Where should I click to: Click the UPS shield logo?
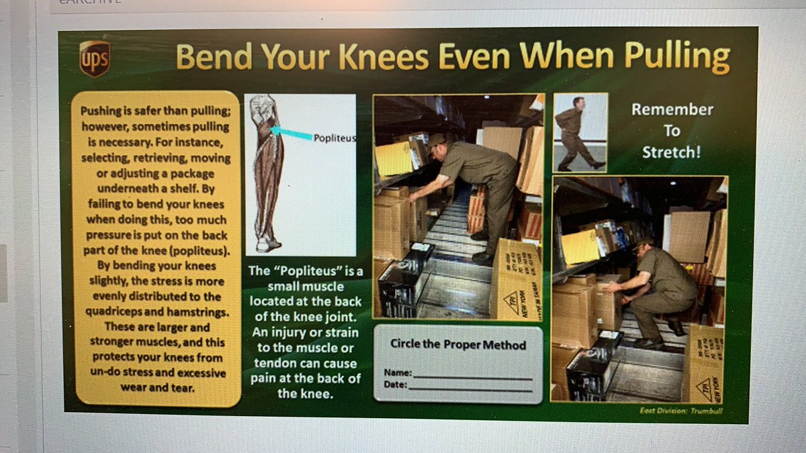pyautogui.click(x=94, y=58)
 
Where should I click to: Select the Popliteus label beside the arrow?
pyautogui.click(x=334, y=138)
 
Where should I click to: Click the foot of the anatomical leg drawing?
pyautogui.click(x=269, y=245)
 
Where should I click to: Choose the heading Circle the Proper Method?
pyautogui.click(x=458, y=345)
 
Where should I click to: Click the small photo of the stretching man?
pyautogui.click(x=580, y=132)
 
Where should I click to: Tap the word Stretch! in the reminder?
pyautogui.click(x=671, y=152)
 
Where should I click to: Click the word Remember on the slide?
pyautogui.click(x=672, y=109)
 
